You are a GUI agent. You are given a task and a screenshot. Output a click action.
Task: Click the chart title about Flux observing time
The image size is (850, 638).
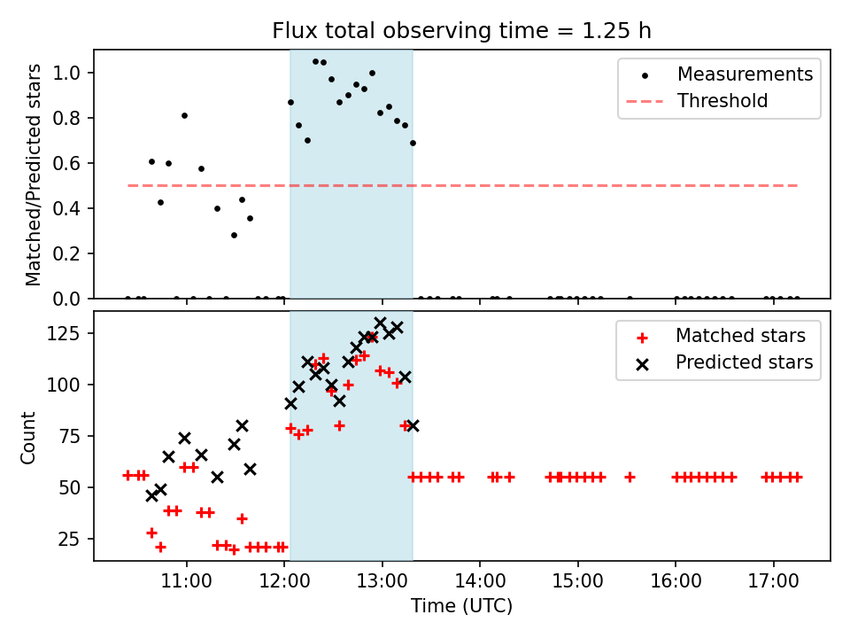[461, 31]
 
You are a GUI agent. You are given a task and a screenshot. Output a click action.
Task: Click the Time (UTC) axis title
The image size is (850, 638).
[461, 607]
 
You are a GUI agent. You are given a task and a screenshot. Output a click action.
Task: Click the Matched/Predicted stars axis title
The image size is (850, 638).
[33, 175]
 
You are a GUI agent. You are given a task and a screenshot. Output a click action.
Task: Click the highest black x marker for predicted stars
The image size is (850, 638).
[381, 323]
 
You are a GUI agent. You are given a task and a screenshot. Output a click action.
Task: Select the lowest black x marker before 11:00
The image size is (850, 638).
[151, 495]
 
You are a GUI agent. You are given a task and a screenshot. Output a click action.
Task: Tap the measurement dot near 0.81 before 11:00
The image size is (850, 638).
[184, 115]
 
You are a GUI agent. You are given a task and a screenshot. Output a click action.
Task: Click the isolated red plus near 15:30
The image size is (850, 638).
[630, 477]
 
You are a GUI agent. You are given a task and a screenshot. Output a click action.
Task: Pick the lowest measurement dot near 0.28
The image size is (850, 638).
[234, 235]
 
